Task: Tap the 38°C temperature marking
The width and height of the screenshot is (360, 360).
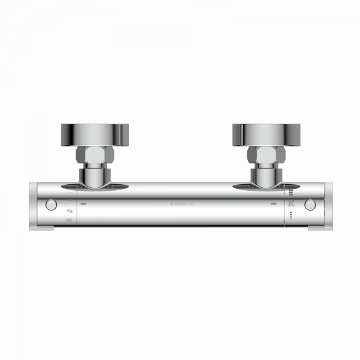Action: pyautogui.click(x=292, y=205)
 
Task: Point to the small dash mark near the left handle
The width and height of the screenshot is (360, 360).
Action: pyautogui.click(x=84, y=205)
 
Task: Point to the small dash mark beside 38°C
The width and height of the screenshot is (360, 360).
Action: pyautogui.click(x=274, y=205)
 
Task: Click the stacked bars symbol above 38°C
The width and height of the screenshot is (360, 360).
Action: pyautogui.click(x=292, y=193)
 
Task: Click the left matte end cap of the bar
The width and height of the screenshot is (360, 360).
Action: pyautogui.click(x=37, y=205)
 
